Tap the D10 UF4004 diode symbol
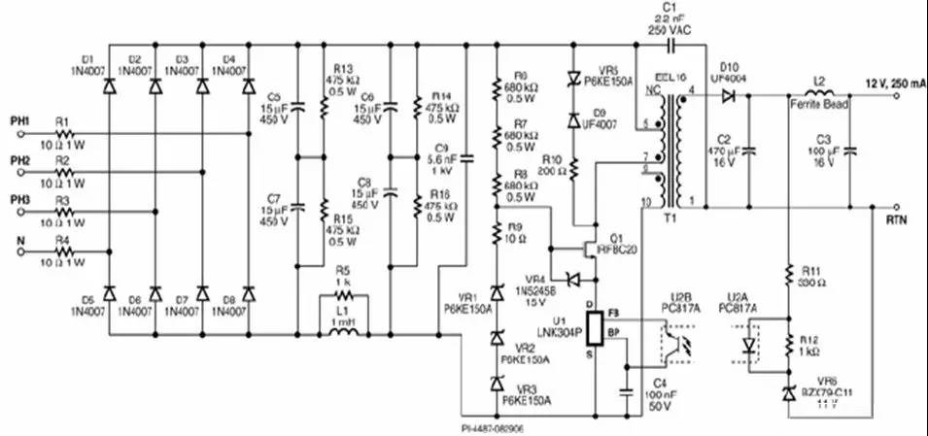click(745, 95)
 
